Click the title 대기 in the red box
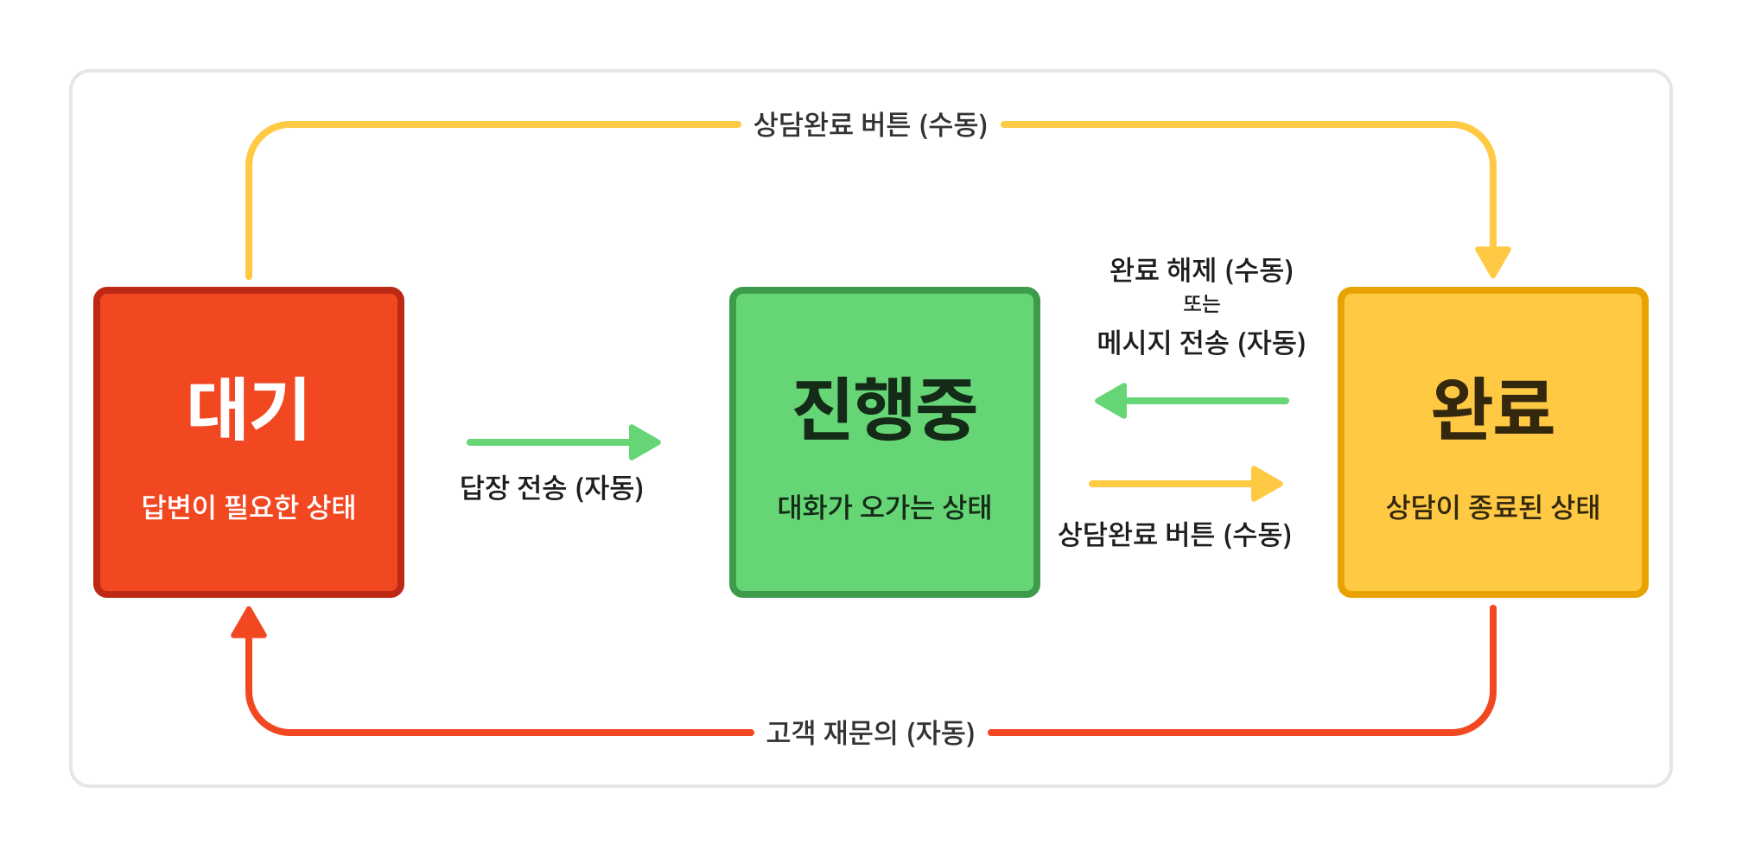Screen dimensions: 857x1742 click(x=248, y=409)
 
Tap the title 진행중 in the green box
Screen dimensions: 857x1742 click(x=885, y=409)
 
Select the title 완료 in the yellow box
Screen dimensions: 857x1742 click(x=1492, y=409)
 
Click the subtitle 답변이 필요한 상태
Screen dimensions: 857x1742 click(x=248, y=506)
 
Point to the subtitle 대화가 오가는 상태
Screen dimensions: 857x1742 click(x=885, y=507)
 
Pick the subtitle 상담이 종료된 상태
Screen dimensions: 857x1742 click(x=1492, y=507)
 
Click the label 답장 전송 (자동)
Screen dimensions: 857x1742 click(x=551, y=488)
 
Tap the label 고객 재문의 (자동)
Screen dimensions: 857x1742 click(x=870, y=733)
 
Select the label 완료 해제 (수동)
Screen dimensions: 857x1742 click(x=1201, y=270)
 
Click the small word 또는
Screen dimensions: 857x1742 click(x=1201, y=304)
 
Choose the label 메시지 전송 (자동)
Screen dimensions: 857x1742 click(x=1201, y=343)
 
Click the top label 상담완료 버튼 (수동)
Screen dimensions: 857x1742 click(x=870, y=124)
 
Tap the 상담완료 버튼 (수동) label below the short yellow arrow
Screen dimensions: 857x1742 click(x=1174, y=535)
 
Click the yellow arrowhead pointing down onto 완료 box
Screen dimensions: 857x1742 click(x=1492, y=261)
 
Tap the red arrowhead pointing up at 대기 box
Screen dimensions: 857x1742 click(x=249, y=622)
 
